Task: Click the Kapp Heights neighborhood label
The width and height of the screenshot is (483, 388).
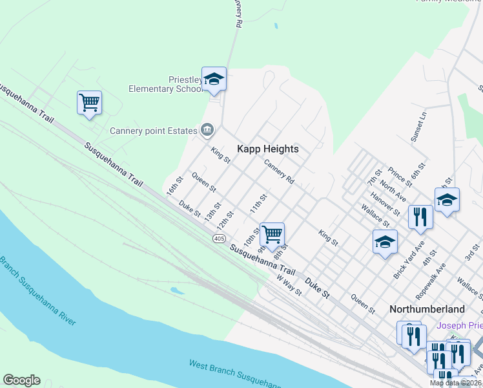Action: (268, 149)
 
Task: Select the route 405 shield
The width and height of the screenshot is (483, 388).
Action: (219, 239)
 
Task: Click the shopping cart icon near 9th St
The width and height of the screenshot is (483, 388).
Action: (272, 234)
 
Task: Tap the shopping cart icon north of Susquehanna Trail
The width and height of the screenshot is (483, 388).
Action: (89, 102)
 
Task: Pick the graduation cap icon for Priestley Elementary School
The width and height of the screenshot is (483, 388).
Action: (214, 79)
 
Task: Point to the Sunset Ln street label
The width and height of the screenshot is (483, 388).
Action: (419, 127)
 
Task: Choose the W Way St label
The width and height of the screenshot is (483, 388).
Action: (289, 285)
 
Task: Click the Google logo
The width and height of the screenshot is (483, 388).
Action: (21, 380)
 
